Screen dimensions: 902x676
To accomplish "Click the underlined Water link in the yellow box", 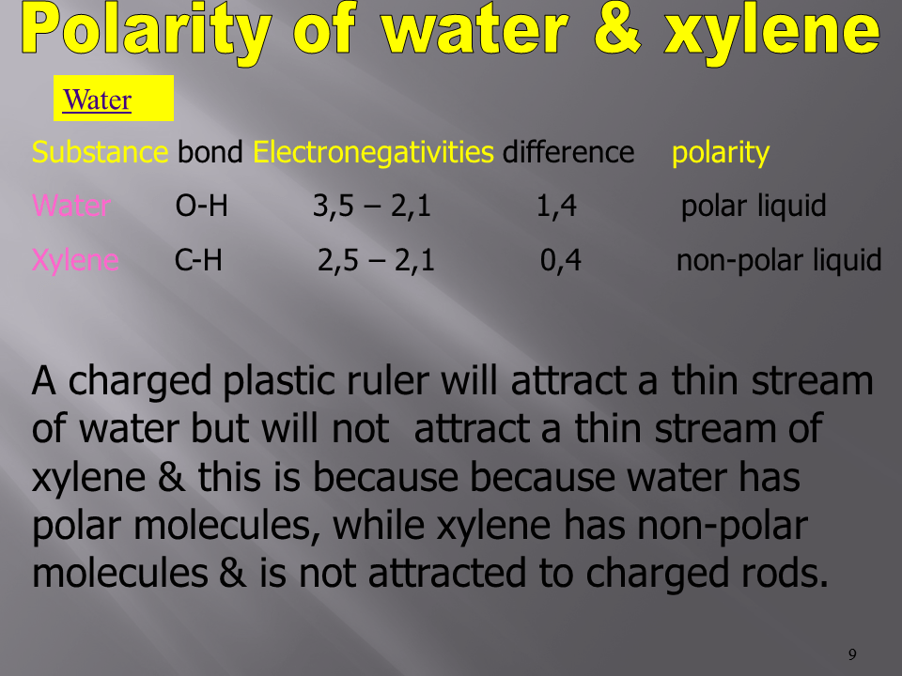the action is point(97,100).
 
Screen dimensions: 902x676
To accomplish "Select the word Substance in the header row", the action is point(101,152).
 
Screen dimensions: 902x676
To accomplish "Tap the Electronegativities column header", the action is point(373,152).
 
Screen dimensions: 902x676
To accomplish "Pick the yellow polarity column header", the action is point(721,153).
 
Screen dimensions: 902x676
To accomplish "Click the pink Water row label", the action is point(71,206).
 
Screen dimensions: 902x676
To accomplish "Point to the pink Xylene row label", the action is point(75,260).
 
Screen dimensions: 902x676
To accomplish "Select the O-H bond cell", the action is point(201,206).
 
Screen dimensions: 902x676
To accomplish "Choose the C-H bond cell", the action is point(198,260).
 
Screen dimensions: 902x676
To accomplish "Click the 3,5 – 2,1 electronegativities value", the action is point(372,206).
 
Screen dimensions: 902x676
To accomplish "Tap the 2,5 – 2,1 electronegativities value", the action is point(376,260).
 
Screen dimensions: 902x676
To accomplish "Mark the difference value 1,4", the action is point(556,206).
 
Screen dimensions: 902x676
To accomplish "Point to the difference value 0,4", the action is point(560,260).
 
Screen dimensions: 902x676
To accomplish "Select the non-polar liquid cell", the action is point(779,260).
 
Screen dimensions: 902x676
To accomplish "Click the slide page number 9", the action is point(852,654).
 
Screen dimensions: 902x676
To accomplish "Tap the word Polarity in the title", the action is point(147,32).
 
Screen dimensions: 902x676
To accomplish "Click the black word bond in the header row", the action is point(210,152).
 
